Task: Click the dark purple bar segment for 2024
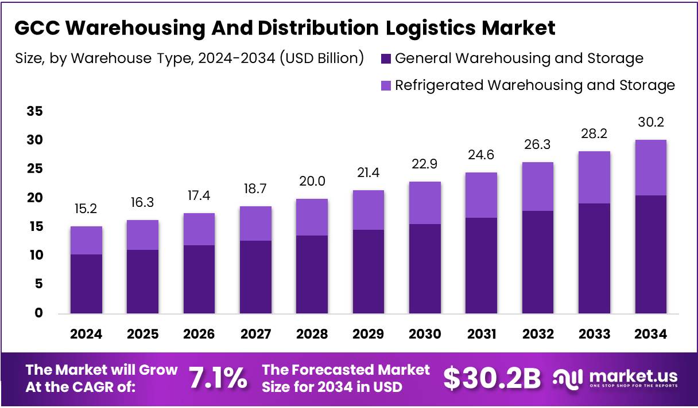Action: point(86,284)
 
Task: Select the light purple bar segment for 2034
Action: point(651,168)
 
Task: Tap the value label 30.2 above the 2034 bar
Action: point(651,122)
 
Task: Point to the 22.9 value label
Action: point(424,164)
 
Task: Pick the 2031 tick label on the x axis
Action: point(481,334)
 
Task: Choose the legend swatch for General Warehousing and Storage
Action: point(386,58)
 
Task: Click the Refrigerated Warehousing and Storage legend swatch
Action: point(386,86)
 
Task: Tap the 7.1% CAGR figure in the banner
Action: point(218,378)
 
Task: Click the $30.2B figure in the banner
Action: point(493,378)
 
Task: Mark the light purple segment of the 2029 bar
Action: point(368,210)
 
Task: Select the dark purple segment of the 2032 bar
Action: point(537,262)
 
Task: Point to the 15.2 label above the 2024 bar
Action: point(86,209)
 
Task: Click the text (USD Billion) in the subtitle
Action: point(322,58)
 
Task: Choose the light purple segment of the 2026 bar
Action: point(199,229)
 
